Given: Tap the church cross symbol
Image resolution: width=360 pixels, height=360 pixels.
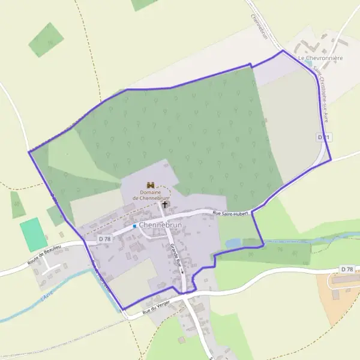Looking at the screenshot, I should click(165, 205).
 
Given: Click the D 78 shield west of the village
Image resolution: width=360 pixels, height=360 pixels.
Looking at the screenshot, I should click(105, 239).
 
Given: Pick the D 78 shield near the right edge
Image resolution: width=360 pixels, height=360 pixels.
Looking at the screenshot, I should click(346, 270).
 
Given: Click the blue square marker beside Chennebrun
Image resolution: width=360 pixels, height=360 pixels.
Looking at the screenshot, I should click(134, 226).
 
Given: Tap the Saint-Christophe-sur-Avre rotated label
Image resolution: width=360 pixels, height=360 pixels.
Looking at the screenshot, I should click(320, 96).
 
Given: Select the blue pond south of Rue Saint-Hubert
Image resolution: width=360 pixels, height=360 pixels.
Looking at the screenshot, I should click(233, 242).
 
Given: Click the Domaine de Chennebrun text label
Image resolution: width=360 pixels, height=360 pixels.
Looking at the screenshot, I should click(151, 196).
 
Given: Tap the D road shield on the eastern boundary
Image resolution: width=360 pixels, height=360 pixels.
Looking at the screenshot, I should click(323, 137).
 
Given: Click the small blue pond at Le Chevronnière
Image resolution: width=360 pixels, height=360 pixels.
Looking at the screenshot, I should click(308, 62).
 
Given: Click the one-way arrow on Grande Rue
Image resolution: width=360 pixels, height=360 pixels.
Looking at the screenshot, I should click(182, 271).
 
